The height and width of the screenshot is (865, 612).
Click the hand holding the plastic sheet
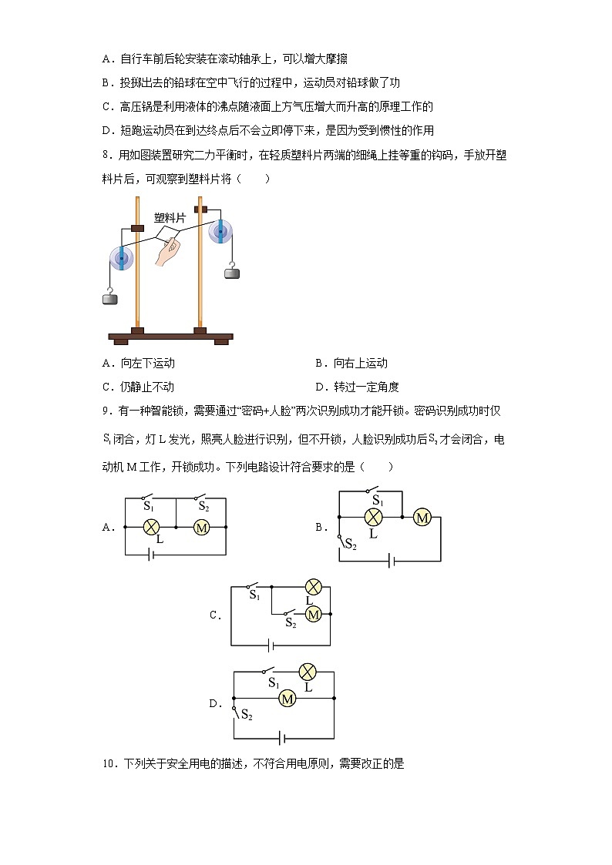(x=166, y=253)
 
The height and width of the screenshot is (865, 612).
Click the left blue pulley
(x=121, y=258)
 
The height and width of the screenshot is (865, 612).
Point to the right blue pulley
(x=220, y=230)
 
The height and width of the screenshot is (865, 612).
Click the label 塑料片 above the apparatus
(x=170, y=218)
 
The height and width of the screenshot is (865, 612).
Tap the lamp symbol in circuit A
(x=152, y=527)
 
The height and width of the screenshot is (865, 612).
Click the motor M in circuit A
(x=201, y=527)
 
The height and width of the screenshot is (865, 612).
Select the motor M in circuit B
(x=422, y=518)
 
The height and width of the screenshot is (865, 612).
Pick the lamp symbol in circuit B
(x=374, y=518)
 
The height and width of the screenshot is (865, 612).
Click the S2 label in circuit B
(x=351, y=545)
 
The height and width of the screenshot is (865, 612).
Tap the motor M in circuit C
(x=314, y=614)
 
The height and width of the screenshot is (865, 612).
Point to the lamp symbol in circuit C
(x=313, y=586)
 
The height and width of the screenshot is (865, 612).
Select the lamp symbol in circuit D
(x=308, y=671)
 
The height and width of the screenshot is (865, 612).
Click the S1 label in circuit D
(x=273, y=683)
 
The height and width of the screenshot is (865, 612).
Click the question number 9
(x=107, y=411)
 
